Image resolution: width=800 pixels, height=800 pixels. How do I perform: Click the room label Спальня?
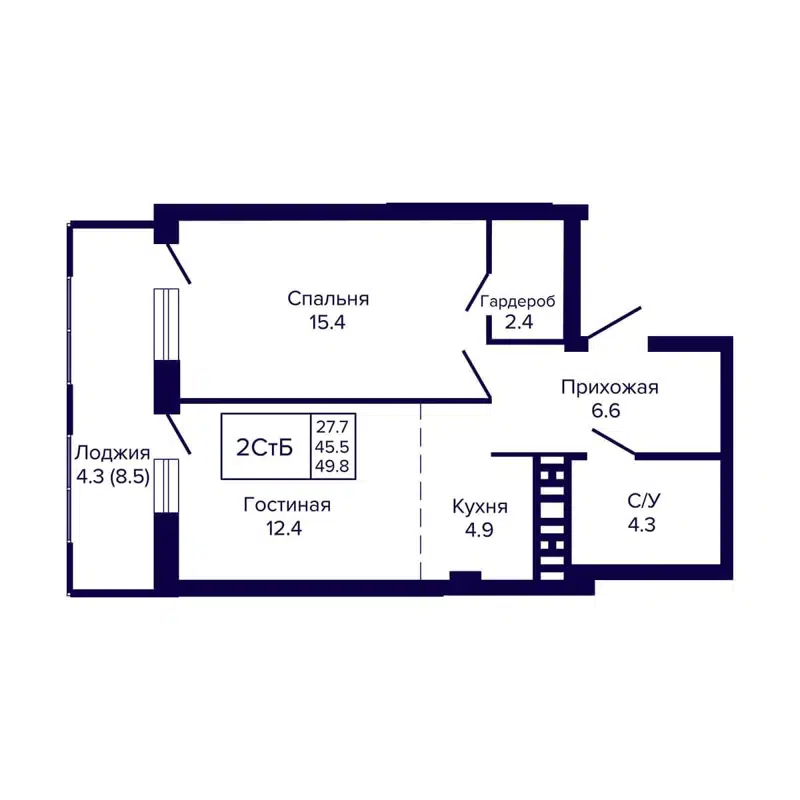[x=329, y=298]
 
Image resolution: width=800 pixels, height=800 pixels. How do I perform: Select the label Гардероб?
[x=518, y=300]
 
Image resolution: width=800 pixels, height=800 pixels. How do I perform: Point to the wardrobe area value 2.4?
[x=504, y=322]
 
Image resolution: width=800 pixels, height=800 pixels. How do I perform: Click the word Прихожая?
[x=610, y=387]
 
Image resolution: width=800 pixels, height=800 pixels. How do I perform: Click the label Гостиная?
[x=287, y=506]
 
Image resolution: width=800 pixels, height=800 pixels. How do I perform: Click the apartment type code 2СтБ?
[x=265, y=447]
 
